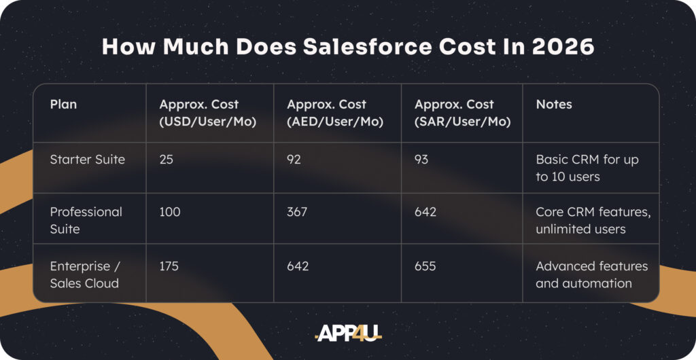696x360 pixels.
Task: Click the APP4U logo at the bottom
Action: tap(348, 333)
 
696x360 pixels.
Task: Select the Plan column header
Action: tap(63, 104)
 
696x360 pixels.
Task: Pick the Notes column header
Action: tap(554, 104)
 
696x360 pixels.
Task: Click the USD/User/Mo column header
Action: tap(208, 113)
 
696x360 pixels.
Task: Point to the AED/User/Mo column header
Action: tap(335, 113)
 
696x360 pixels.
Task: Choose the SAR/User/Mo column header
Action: tap(462, 113)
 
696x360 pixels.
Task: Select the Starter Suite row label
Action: tap(88, 159)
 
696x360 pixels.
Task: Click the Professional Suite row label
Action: tap(86, 220)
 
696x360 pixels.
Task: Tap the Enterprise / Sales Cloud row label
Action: tap(84, 274)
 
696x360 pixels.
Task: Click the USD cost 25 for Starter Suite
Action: tap(167, 159)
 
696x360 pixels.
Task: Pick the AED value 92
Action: tap(294, 159)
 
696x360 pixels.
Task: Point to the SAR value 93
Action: tap(421, 159)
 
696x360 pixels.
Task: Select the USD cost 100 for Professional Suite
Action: tap(170, 212)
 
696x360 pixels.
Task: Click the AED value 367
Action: tap(297, 212)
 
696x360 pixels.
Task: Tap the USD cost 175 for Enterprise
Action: tap(169, 266)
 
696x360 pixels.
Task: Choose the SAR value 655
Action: tap(425, 266)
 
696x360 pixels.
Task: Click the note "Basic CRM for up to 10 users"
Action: tap(587, 168)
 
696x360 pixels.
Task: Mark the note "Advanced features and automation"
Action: tap(592, 274)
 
